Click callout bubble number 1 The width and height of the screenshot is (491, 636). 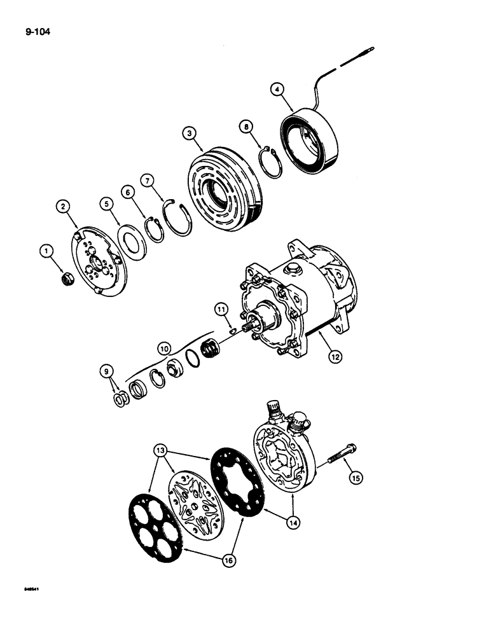pos(45,252)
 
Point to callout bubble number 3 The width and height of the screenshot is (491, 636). pos(189,134)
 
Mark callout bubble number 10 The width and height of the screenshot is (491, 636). pos(164,349)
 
